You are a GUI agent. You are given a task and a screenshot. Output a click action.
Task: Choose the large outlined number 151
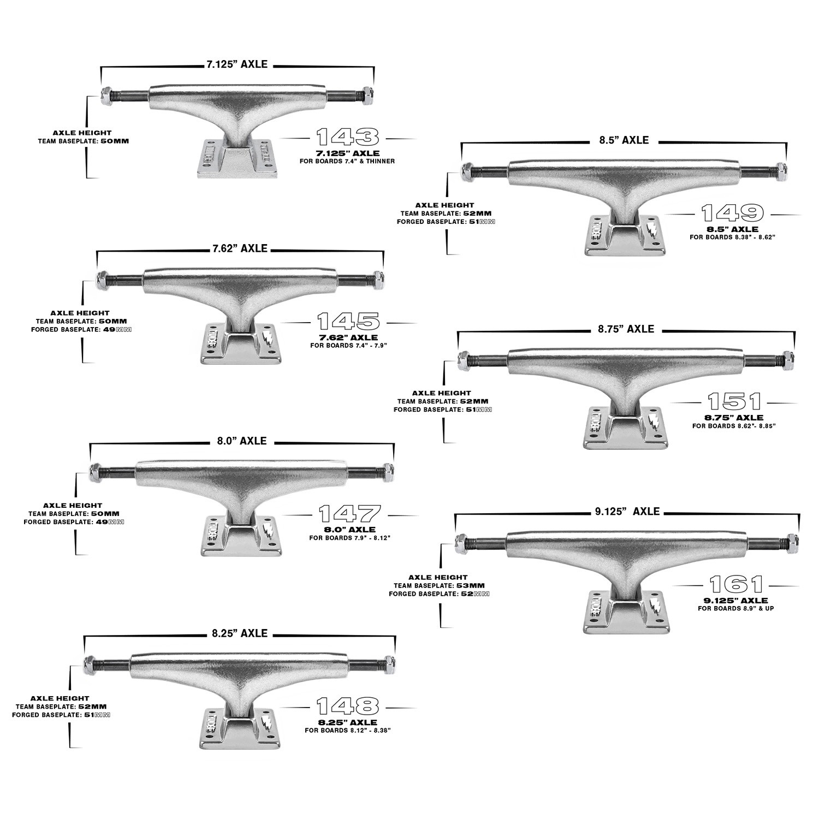[x=734, y=402]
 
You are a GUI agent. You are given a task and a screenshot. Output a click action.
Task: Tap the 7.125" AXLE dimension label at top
[x=237, y=64]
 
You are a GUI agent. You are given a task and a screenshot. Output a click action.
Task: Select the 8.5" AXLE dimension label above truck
[x=622, y=140]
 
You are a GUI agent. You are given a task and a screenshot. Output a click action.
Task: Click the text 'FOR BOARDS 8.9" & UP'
[x=735, y=608]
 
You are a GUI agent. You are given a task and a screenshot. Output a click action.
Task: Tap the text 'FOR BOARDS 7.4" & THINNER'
[x=348, y=161]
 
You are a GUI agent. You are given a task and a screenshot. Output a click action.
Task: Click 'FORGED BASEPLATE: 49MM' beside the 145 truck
[x=84, y=329]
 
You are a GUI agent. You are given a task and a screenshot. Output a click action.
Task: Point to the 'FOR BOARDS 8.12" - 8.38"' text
[x=348, y=730]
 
